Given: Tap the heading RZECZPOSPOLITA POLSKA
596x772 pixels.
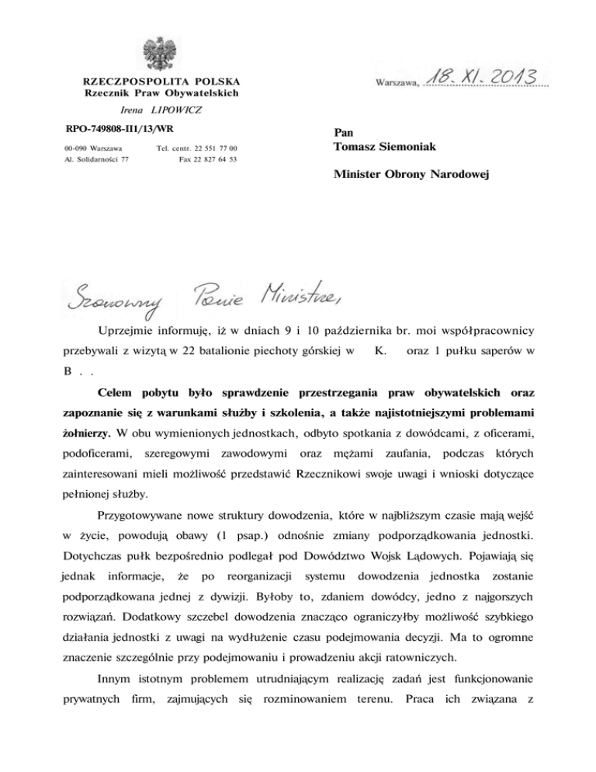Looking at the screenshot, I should point(161,81).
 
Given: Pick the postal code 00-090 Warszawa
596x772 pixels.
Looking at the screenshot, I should point(88,148).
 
